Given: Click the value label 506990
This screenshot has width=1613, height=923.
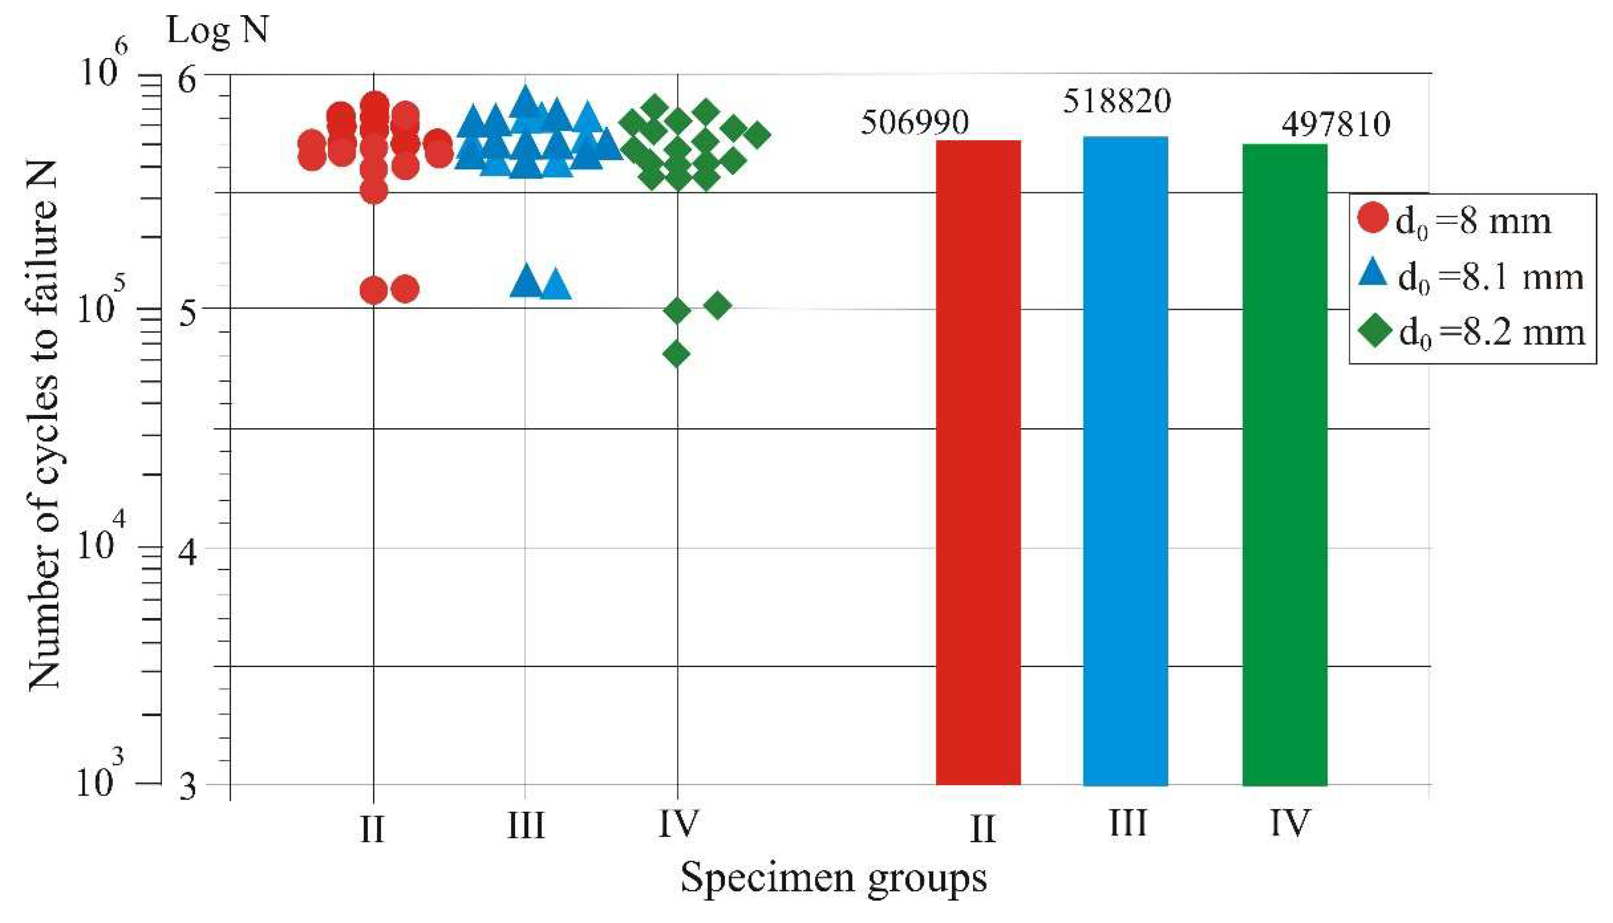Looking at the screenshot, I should (914, 122).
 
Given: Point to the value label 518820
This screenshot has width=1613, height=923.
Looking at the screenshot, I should (1117, 101).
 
